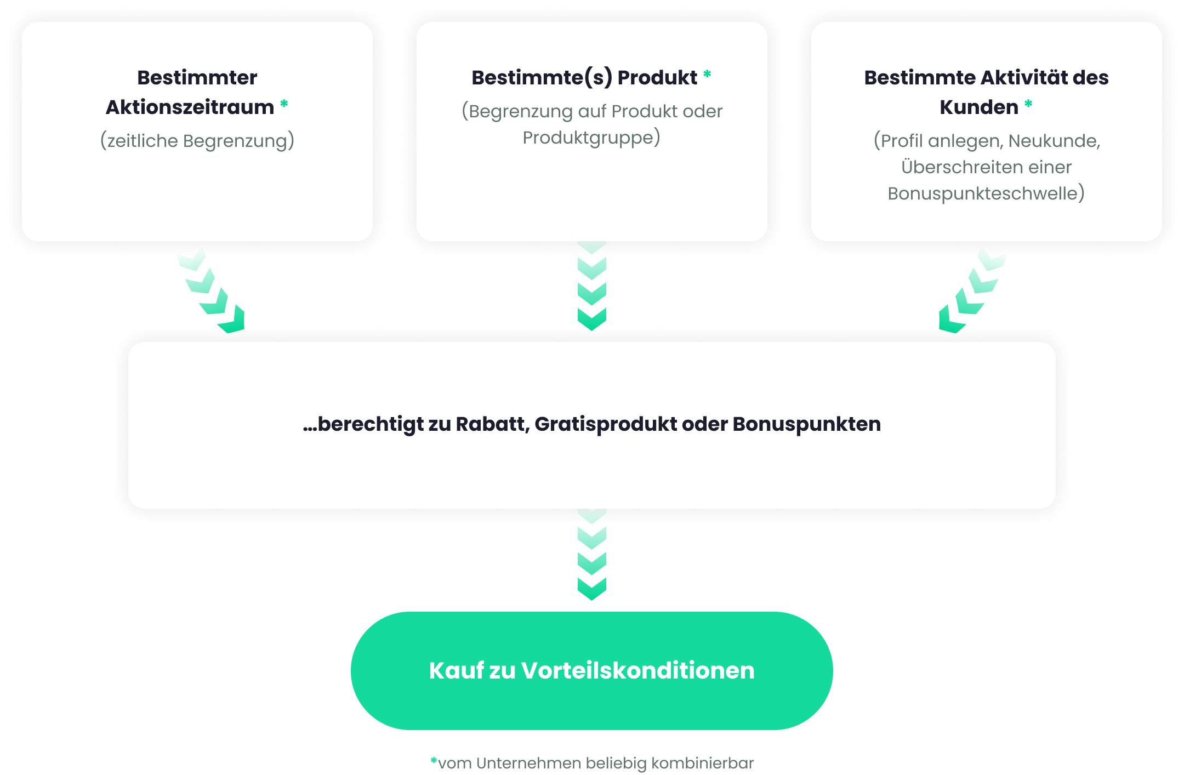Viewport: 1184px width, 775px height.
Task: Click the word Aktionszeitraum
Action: [x=190, y=107]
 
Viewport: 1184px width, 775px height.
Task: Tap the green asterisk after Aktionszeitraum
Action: [x=284, y=104]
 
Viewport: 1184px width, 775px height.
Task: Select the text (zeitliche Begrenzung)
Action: [x=197, y=141]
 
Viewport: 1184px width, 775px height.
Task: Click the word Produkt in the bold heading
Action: [x=657, y=78]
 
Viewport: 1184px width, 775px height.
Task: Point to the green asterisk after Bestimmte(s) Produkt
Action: [x=707, y=74]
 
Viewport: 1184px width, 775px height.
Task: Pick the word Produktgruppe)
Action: [x=591, y=138]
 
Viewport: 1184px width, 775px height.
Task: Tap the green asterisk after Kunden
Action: [x=1028, y=104]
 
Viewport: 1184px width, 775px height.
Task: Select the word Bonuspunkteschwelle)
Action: [x=986, y=193]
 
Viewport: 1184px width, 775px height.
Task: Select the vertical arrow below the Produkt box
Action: [x=592, y=286]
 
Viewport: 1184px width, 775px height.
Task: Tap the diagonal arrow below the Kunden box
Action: [x=972, y=290]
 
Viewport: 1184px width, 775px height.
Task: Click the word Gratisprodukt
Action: [x=606, y=425]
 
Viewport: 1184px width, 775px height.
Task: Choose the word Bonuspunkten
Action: [x=806, y=425]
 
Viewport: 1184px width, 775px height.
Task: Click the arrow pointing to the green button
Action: [x=592, y=555]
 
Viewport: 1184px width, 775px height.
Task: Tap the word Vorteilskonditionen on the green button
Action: [x=637, y=670]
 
